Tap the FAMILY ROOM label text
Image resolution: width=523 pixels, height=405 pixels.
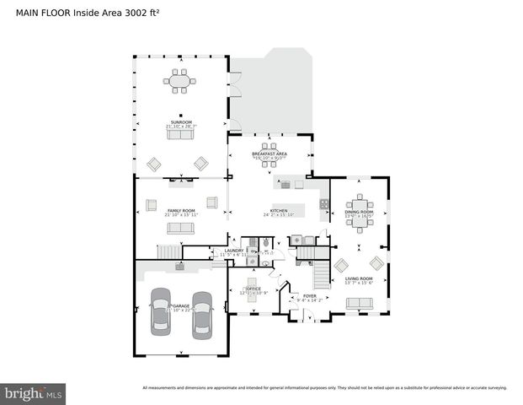click(x=181, y=211)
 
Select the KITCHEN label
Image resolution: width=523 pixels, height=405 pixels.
click(x=279, y=211)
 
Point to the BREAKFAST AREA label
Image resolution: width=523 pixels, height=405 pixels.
click(x=270, y=154)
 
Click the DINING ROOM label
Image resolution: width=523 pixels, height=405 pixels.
click(x=360, y=212)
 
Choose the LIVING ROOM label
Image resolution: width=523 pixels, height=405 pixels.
click(x=359, y=278)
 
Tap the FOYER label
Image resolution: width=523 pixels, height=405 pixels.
click(x=309, y=296)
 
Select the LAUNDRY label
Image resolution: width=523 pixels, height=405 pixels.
click(x=233, y=251)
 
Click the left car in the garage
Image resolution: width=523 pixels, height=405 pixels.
click(x=159, y=313)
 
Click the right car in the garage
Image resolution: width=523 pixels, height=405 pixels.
click(x=202, y=314)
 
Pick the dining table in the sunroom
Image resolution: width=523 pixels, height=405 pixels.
click(x=179, y=83)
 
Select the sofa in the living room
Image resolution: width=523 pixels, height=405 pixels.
click(x=360, y=303)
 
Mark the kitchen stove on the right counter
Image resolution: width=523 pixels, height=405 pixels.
click(x=323, y=203)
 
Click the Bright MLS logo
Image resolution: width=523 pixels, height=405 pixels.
click(x=34, y=393)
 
